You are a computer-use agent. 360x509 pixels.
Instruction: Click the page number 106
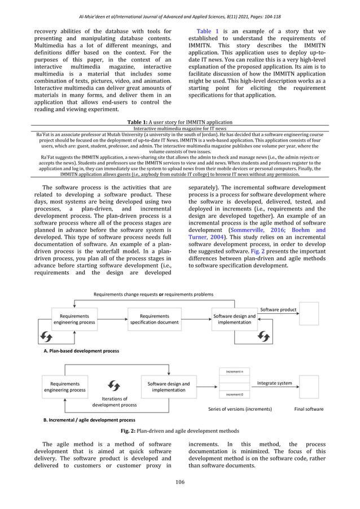coord(180,481)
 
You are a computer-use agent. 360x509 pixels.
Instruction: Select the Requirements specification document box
coord(154,319)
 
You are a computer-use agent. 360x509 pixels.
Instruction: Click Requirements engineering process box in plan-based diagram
coord(74,319)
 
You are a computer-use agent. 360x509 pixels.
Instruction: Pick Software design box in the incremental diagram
coord(168,387)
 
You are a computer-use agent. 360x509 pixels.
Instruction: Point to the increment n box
coord(234,372)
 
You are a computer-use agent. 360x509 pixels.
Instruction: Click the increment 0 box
coord(234,395)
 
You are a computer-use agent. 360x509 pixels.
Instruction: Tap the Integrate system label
coord(274,383)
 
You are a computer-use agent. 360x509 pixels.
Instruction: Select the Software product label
coord(278,310)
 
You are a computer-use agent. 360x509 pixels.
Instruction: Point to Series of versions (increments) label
coord(240,409)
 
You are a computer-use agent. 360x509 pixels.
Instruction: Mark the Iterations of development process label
coord(115,402)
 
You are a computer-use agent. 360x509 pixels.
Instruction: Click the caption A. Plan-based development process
coord(81,350)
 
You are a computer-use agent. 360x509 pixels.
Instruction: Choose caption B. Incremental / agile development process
coord(89,420)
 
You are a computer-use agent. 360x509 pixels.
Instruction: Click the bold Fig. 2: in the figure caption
coord(131,431)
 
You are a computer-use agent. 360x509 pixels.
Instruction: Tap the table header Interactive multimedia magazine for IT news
coord(179,129)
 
